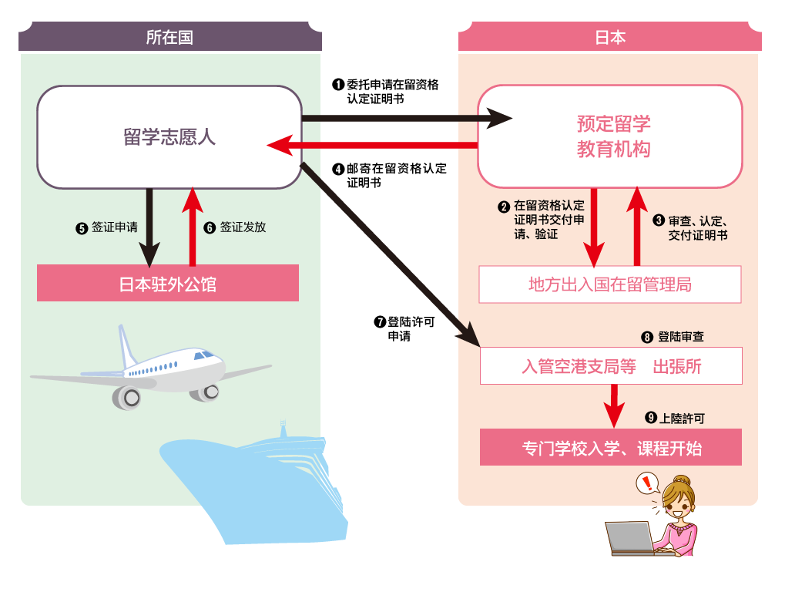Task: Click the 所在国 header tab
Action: [169, 37]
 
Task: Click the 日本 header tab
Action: [609, 37]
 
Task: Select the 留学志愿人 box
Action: [169, 137]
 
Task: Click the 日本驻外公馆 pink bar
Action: [168, 284]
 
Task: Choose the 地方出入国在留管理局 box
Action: [609, 284]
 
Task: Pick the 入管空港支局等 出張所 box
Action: [611, 366]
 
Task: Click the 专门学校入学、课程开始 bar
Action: [611, 448]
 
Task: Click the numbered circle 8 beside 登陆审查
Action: [647, 337]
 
